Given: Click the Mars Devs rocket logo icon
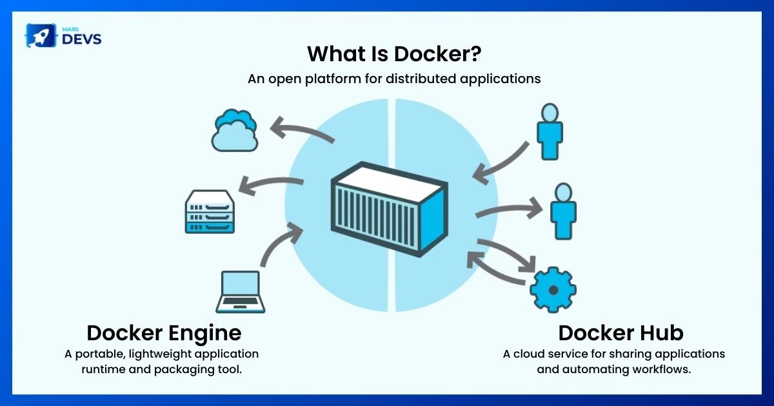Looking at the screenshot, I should (x=40, y=35).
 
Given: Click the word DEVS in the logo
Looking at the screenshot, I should (x=81, y=39).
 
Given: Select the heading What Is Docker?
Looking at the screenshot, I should (x=394, y=53).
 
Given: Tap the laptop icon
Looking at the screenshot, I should (x=241, y=291).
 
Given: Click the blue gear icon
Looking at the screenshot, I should (x=553, y=289).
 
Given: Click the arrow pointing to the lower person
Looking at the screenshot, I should (x=510, y=209).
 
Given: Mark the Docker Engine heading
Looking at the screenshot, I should (x=164, y=333).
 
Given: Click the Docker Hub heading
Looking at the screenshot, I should (x=620, y=333).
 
